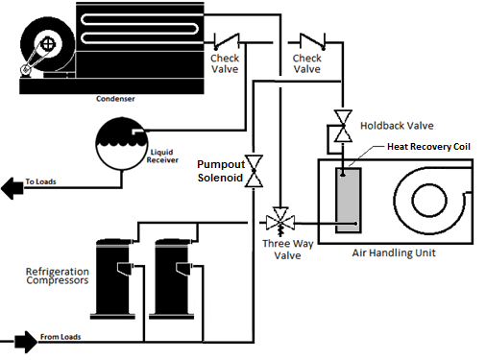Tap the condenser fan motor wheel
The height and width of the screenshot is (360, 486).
point(45,44)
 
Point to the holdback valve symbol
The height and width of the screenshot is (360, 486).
point(341,126)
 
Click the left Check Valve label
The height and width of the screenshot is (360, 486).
point(225,63)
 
